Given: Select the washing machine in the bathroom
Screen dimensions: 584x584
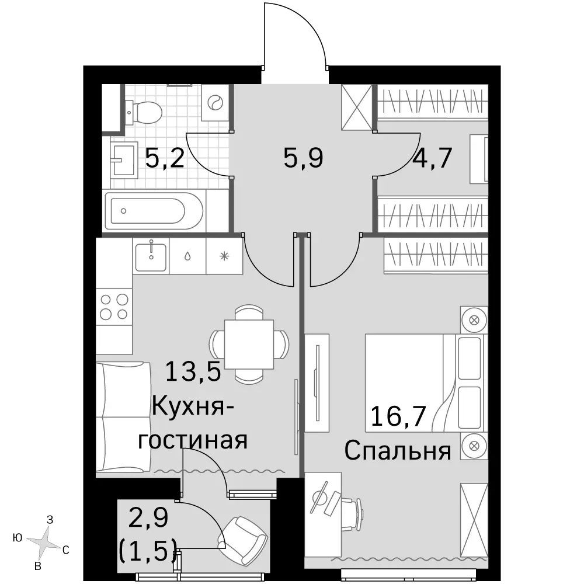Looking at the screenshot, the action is (215, 102).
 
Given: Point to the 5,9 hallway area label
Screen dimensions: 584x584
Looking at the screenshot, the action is (303, 158).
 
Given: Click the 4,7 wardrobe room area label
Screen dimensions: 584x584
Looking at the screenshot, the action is (432, 158).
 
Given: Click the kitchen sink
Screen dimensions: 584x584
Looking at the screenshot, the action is (151, 256).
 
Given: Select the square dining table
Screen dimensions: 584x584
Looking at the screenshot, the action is (249, 344).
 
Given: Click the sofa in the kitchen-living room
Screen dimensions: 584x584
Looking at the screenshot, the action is (123, 417).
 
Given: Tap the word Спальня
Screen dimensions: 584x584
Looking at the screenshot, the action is (397, 451).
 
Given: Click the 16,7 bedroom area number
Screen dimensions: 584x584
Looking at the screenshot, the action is (398, 416).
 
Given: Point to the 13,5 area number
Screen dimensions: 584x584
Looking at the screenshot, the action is (193, 371).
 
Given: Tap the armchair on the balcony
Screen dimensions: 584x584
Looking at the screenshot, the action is (244, 536).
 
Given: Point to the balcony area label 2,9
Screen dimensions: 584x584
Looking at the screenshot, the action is (148, 517).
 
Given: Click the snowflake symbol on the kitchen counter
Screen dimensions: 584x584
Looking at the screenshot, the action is (224, 256).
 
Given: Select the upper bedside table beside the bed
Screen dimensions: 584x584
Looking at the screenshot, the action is (474, 320).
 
